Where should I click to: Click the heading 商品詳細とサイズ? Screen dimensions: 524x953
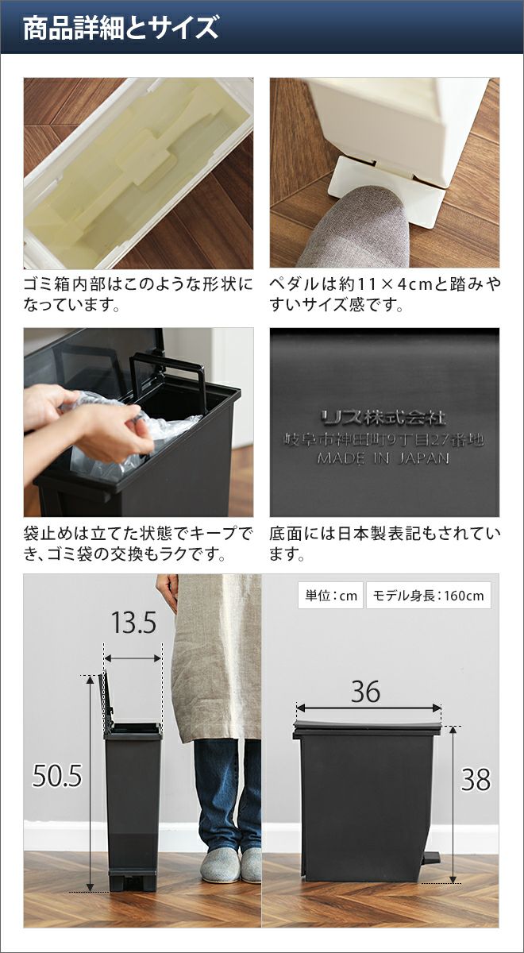tap(121, 28)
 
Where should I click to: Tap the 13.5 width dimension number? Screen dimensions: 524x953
tap(133, 623)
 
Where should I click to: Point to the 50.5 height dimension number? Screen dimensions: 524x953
tap(56, 776)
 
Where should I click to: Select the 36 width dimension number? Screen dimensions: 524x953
tap(365, 692)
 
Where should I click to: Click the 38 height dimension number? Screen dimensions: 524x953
tap(476, 780)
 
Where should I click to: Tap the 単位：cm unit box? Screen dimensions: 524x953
tap(330, 595)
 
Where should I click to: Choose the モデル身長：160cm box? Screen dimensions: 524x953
tap(428, 595)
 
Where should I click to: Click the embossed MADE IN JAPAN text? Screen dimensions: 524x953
tap(383, 458)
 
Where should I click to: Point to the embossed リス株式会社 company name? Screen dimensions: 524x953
tap(383, 418)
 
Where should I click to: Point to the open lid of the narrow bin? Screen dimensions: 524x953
tap(106, 703)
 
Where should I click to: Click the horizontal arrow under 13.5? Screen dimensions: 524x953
tap(133, 658)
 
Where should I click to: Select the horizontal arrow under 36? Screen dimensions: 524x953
tap(368, 708)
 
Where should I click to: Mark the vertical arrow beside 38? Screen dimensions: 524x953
tap(453, 800)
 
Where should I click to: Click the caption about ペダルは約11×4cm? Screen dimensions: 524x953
tap(385, 295)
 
